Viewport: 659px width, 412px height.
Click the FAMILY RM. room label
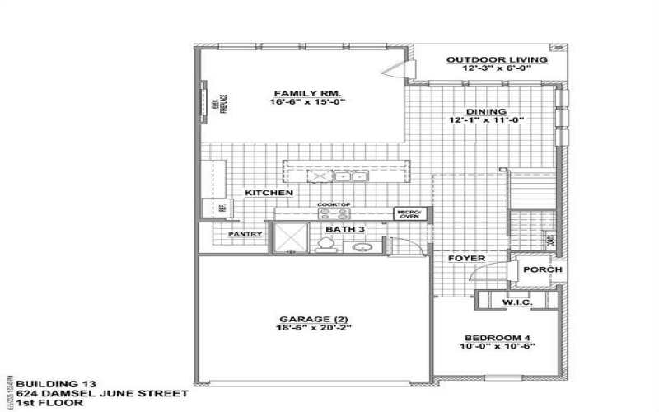pyautogui.click(x=301, y=92)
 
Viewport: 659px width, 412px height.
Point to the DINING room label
pyautogui.click(x=486, y=111)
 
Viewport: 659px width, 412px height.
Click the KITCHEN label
pyautogui.click(x=269, y=193)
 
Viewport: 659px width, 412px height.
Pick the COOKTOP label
pyautogui.click(x=334, y=204)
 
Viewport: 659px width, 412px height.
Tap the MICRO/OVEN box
pyautogui.click(x=409, y=214)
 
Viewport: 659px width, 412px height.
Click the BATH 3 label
pyautogui.click(x=339, y=228)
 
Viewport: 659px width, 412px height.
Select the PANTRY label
pyautogui.click(x=245, y=235)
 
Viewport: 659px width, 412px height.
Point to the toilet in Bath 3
pyautogui.click(x=325, y=244)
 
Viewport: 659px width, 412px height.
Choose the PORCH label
pyautogui.click(x=543, y=269)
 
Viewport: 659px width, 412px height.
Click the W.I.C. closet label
pyautogui.click(x=518, y=303)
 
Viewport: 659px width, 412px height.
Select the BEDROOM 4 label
pyautogui.click(x=499, y=337)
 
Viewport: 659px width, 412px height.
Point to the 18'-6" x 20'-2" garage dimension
pyautogui.click(x=313, y=329)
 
